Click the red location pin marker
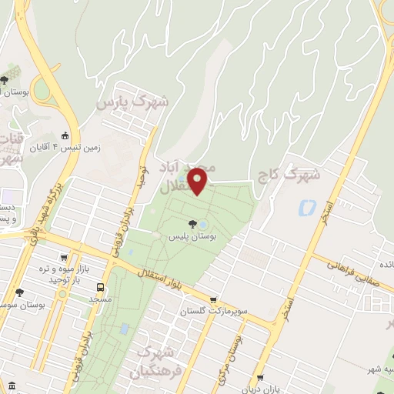pyautogui.click(x=199, y=180)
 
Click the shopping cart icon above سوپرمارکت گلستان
pyautogui.click(x=214, y=301)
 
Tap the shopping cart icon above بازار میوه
pyautogui.click(x=63, y=259)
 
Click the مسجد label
pyautogui.click(x=100, y=297)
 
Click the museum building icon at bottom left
pyautogui.click(x=11, y=385)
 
